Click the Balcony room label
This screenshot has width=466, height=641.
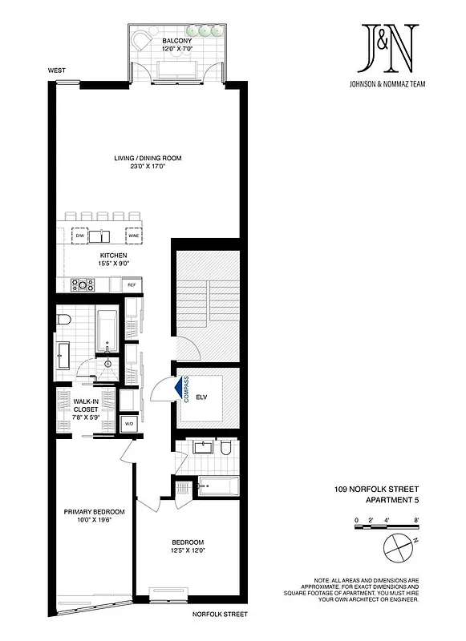(175, 40)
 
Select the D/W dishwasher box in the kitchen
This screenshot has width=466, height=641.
(80, 236)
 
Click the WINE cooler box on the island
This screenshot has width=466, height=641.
(133, 236)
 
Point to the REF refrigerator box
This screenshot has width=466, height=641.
(132, 285)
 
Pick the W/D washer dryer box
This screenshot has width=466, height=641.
(128, 423)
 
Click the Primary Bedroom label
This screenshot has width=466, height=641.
(95, 512)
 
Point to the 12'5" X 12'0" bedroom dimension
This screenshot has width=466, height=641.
(188, 550)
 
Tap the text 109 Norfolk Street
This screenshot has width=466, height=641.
(377, 489)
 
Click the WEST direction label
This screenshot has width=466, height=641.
(56, 71)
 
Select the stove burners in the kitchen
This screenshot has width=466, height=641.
(83, 284)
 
